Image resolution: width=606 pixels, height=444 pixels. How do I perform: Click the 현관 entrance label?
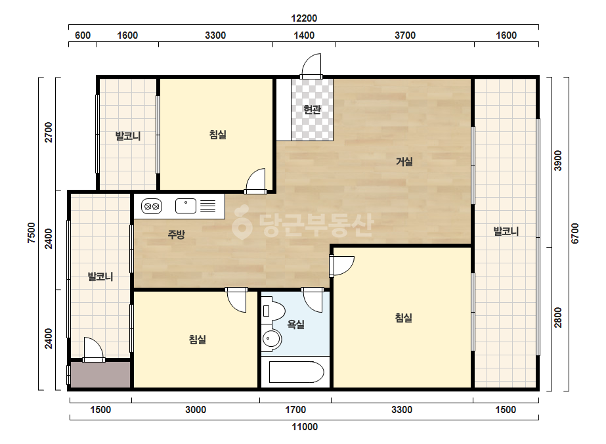312,110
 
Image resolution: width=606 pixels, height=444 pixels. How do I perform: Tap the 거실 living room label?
404,162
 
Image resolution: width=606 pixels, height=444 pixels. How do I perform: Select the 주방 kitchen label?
176,234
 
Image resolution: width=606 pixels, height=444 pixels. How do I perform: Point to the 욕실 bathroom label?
295,324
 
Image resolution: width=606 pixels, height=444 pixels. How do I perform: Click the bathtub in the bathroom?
296,372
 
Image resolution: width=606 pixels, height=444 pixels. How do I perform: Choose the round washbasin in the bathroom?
272,339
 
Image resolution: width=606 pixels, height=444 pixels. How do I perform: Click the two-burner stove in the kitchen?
151,206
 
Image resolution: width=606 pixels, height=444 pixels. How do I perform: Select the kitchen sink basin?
186,206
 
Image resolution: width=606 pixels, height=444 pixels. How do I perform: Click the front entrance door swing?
311,66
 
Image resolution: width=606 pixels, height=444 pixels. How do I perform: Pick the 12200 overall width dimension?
304,18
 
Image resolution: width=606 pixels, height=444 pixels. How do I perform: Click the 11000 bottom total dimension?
305,427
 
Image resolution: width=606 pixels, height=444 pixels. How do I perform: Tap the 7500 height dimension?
32,233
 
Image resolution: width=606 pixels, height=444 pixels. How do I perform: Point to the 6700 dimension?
574,233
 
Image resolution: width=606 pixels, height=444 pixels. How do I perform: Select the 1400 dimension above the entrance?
304,35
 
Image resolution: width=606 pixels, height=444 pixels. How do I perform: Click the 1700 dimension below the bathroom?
295,410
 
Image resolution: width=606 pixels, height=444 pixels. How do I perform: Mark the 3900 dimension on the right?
557,160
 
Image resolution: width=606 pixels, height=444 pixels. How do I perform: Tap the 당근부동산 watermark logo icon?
242,224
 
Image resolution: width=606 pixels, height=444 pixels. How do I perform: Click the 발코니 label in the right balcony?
506,232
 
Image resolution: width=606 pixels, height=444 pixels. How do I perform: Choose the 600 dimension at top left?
82,35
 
